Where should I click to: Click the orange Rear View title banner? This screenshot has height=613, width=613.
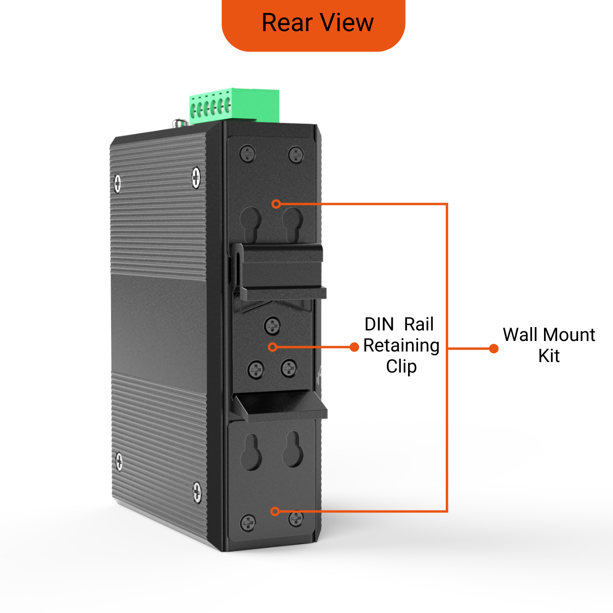tap(314, 24)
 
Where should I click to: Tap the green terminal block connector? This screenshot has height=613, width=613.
tap(235, 105)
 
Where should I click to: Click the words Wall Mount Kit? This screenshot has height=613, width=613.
tap(549, 345)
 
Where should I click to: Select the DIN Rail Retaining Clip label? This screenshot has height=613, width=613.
tap(401, 345)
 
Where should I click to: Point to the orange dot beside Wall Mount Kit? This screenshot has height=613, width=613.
tap(494, 349)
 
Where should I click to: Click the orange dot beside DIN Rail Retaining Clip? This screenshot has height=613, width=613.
tap(354, 347)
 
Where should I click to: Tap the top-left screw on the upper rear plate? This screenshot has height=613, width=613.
tap(248, 154)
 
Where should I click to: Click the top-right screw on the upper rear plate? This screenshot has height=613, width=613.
tap(296, 155)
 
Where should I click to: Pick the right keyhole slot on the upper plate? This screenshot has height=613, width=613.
tap(292, 222)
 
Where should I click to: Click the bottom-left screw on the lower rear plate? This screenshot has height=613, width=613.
tap(248, 522)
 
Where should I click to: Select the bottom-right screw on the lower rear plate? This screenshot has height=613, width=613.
tap(296, 518)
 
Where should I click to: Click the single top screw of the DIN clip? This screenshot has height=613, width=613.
tap(272, 326)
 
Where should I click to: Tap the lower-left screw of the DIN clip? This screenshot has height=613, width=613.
tap(256, 369)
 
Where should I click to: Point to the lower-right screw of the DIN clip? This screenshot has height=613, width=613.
tap(289, 368)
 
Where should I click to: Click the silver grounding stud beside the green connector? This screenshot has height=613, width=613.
tap(180, 123)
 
